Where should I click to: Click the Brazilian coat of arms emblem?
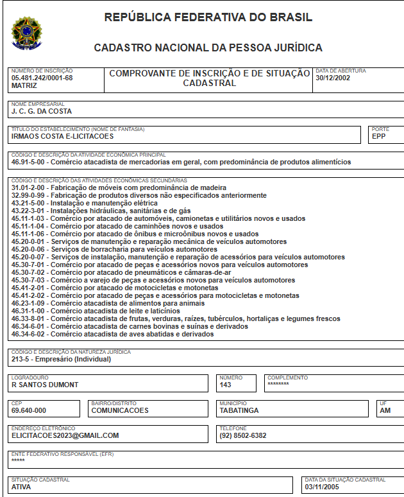tap(25, 33)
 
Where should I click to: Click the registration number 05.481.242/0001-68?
tap(42, 78)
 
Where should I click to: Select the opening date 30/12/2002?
tap(334, 78)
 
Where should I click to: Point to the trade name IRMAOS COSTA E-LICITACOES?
tap(62, 136)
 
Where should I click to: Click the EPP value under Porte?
tap(379, 136)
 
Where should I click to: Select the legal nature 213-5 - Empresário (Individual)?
tap(61, 360)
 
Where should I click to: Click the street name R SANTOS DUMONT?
tap(45, 385)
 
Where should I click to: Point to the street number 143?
tap(225, 385)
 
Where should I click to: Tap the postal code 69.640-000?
tap(29, 410)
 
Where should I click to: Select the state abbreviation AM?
tap(385, 410)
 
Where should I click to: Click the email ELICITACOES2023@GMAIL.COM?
tap(65, 435)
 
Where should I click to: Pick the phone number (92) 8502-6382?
tap(243, 435)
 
